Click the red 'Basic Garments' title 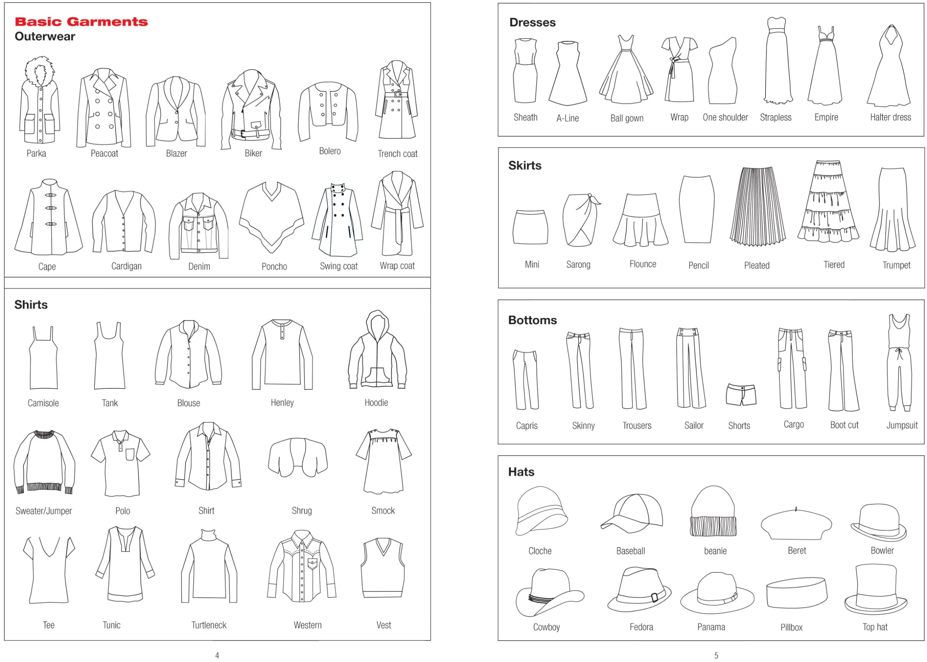tap(81, 22)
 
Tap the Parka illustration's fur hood tap(39, 71)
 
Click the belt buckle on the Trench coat tap(398, 95)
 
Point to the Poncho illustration tap(271, 216)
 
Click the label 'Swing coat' tap(339, 266)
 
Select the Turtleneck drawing tap(209, 567)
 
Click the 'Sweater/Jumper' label tap(43, 511)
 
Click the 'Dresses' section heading tap(532, 22)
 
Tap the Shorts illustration tap(741, 395)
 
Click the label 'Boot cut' tap(844, 425)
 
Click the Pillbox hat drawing tap(796, 593)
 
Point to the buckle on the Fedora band tap(655, 597)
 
